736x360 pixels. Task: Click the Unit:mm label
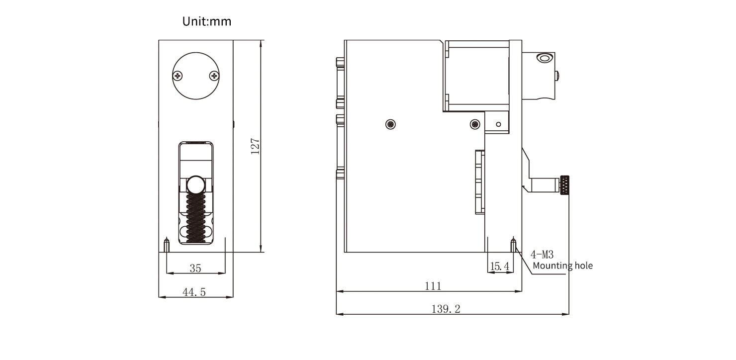(206, 22)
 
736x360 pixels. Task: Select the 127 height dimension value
(255, 146)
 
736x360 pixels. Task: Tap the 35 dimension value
(195, 269)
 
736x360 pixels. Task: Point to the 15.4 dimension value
(500, 267)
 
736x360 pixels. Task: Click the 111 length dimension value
(433, 286)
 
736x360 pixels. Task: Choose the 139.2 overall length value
(446, 309)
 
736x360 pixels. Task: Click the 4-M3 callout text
(542, 255)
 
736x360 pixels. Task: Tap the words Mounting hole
(562, 266)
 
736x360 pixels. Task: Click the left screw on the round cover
(178, 76)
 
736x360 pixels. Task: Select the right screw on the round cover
(214, 76)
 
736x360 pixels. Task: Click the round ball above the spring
(195, 185)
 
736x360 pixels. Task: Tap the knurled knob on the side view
(564, 185)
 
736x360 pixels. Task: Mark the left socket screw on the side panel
(391, 123)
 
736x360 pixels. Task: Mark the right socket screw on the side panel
(475, 123)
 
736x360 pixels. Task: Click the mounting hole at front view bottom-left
(167, 245)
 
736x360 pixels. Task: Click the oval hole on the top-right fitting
(544, 59)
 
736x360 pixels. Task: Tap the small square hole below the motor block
(499, 123)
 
